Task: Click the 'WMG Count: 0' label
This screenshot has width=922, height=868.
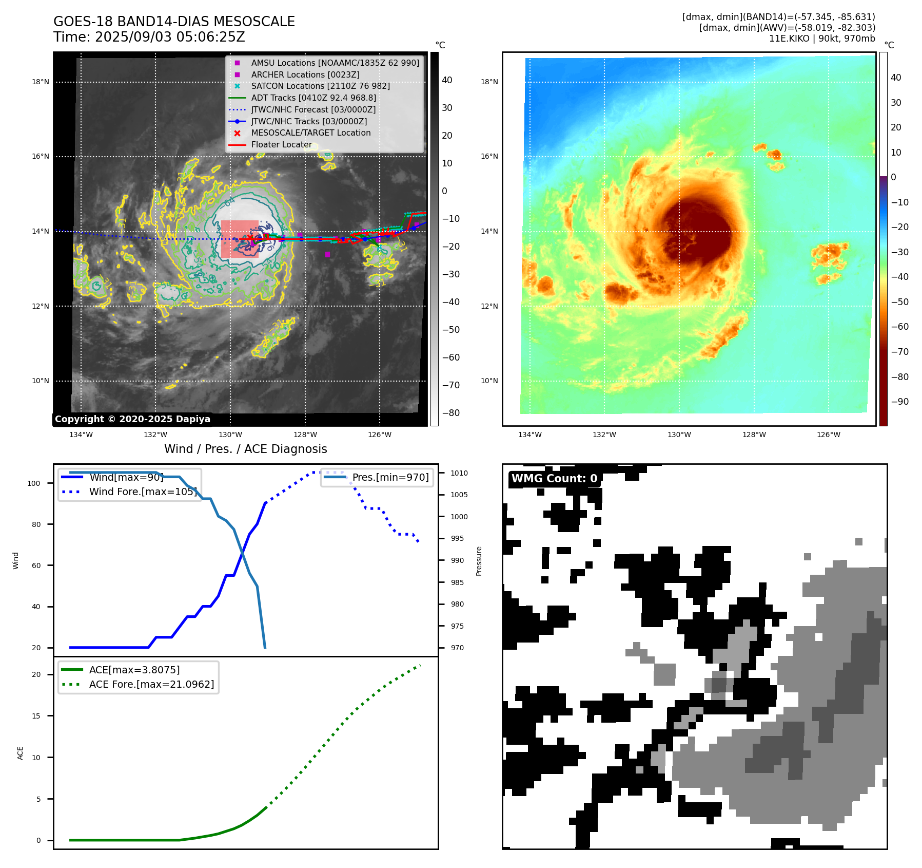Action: [x=554, y=479]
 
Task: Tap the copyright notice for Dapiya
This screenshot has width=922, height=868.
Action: [x=132, y=419]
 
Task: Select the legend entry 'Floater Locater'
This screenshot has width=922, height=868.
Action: [x=281, y=145]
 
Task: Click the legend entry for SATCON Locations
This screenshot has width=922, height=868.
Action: [x=320, y=86]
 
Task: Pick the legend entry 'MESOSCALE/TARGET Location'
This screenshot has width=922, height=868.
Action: [x=310, y=133]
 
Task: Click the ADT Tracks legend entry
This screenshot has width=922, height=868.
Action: [x=313, y=98]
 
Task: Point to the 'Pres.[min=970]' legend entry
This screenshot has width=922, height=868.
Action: [x=390, y=478]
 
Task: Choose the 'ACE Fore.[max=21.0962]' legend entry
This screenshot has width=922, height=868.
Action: [x=151, y=685]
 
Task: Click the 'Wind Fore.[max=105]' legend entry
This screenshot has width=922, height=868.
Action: [x=143, y=492]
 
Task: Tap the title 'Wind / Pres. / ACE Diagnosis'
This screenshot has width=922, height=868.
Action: [x=245, y=449]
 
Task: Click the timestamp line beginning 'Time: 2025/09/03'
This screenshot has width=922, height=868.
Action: [x=149, y=37]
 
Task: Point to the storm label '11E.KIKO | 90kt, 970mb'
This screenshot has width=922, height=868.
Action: [x=822, y=39]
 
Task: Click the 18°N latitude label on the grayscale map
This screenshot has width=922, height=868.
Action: [x=41, y=82]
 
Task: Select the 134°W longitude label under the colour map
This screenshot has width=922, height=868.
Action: [x=529, y=435]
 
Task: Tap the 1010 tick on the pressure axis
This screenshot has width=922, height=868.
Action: [x=459, y=473]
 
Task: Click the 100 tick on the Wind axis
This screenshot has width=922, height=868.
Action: [x=34, y=483]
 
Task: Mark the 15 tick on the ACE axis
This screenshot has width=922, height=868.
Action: [x=36, y=716]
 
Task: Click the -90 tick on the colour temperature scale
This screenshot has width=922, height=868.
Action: [x=899, y=402]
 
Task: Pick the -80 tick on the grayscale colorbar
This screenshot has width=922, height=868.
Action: [x=451, y=413]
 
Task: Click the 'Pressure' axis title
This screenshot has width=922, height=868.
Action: [x=479, y=561]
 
